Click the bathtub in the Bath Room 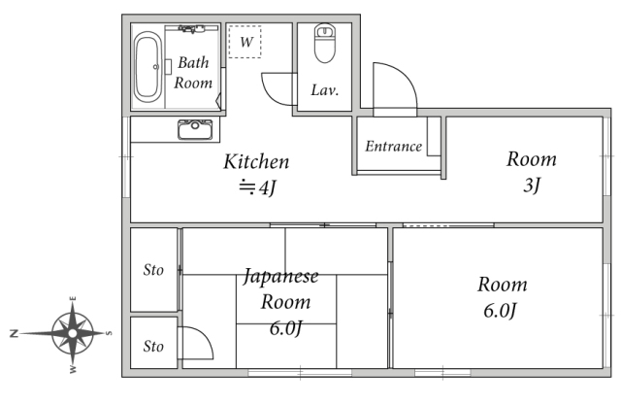click(147, 67)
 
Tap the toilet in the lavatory click(325, 43)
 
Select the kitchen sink click(195, 129)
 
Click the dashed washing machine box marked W click(245, 42)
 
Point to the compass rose click(73, 333)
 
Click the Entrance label click(393, 147)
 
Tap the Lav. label click(325, 90)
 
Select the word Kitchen click(256, 162)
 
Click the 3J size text click(532, 185)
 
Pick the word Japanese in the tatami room click(280, 277)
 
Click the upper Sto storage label click(153, 270)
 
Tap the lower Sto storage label click(153, 347)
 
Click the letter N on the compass click(15, 333)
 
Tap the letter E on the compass click(73, 299)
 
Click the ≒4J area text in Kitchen click(257, 187)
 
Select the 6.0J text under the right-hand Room click(501, 311)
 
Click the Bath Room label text click(193, 73)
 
